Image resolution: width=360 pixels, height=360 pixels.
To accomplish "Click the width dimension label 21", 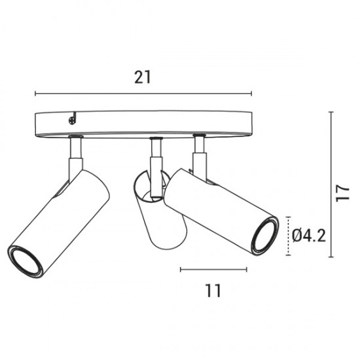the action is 143,77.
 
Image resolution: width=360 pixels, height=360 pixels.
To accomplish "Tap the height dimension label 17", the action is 342,193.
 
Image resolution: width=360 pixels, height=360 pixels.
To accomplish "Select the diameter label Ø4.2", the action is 309,236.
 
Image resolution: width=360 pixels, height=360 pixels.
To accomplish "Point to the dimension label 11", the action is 213,291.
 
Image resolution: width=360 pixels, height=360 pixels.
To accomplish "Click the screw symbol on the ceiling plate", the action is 72,120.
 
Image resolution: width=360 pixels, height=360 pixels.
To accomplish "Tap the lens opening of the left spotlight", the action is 25,262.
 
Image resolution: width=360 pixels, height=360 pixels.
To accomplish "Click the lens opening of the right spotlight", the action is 265,236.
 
